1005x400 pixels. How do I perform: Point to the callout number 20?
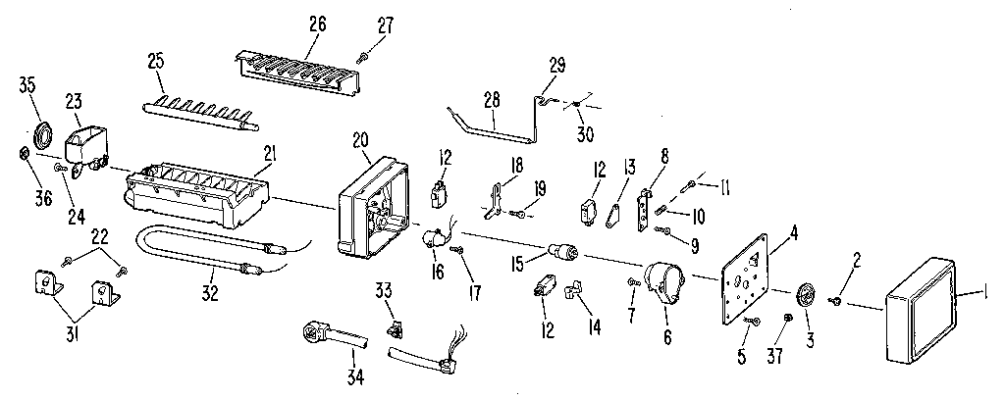tap(360, 140)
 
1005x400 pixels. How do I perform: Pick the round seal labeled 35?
tap(43, 134)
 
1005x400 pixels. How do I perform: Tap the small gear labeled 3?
tap(808, 293)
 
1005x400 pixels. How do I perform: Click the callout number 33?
tap(384, 288)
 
